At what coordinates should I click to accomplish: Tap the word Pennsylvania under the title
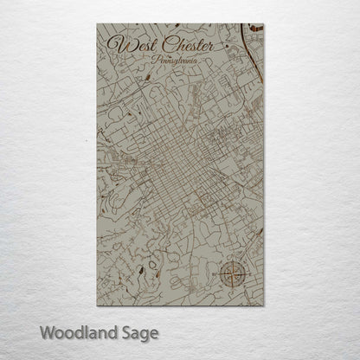(x=172, y=62)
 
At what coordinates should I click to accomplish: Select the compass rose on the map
(x=231, y=275)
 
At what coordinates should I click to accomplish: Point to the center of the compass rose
(x=231, y=275)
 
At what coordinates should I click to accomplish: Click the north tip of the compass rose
(x=231, y=259)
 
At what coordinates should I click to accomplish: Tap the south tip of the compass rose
(x=231, y=292)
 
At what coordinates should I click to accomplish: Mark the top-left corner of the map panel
(x=97, y=24)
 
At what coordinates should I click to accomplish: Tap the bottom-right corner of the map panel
(x=263, y=305)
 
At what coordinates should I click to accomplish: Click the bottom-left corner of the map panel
(x=97, y=305)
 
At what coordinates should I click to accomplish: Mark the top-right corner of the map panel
(x=263, y=24)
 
